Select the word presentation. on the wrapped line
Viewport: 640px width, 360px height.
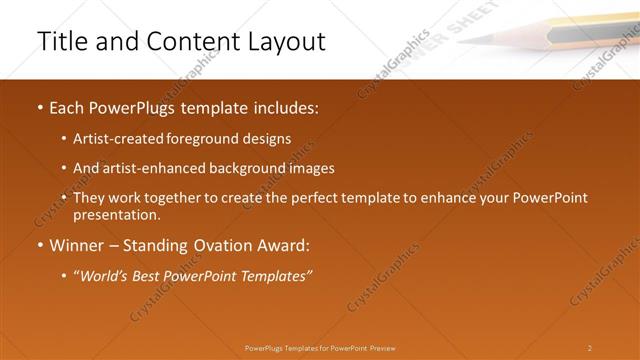116,214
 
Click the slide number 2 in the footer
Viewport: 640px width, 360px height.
589,348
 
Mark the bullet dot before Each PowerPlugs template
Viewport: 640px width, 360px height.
39,107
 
